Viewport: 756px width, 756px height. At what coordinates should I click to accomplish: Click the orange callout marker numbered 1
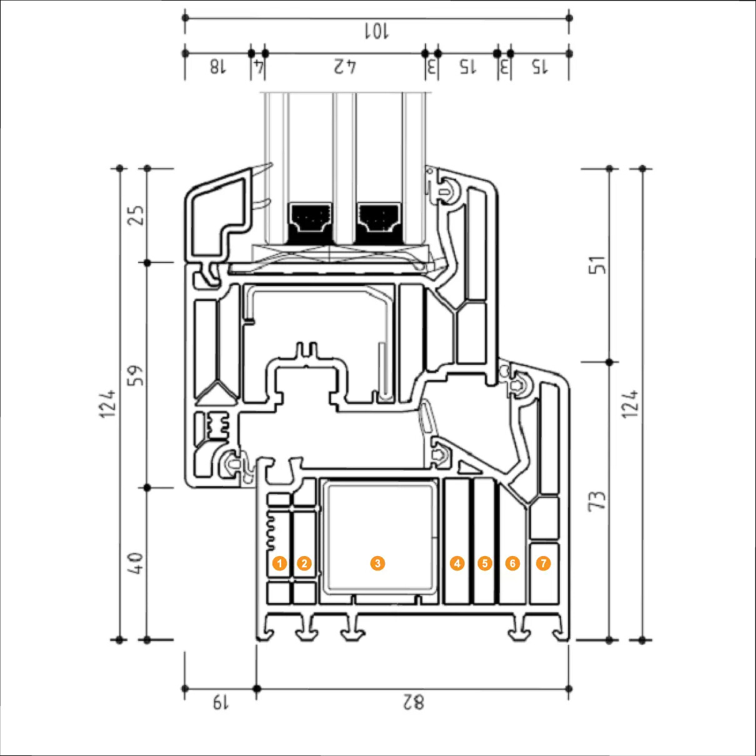(x=280, y=564)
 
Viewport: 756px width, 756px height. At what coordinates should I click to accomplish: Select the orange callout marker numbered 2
(x=304, y=564)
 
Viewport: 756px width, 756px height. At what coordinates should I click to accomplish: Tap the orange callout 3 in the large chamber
(x=377, y=564)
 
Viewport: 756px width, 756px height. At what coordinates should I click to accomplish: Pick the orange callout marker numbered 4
(x=457, y=564)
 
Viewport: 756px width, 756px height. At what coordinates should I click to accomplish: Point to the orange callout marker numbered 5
(x=485, y=564)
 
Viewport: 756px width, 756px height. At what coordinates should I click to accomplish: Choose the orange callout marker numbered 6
(x=512, y=564)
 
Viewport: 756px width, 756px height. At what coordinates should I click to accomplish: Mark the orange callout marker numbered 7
(x=544, y=564)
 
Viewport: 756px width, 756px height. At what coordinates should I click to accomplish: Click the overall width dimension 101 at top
(x=377, y=31)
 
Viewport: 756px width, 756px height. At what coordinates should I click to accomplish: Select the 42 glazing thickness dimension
(x=345, y=66)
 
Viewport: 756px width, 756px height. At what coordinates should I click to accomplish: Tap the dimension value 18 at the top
(x=217, y=66)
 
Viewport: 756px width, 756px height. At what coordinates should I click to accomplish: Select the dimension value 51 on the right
(x=598, y=265)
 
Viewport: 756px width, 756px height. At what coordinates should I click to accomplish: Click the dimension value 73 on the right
(x=598, y=500)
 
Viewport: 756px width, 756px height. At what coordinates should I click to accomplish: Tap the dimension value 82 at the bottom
(x=413, y=702)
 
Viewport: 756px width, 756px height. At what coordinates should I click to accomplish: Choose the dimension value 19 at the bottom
(x=220, y=702)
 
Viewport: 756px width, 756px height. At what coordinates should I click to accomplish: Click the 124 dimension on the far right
(x=630, y=404)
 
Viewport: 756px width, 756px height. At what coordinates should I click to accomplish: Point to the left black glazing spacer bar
(x=309, y=224)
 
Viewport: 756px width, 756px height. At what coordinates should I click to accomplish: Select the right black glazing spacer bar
(x=378, y=224)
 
